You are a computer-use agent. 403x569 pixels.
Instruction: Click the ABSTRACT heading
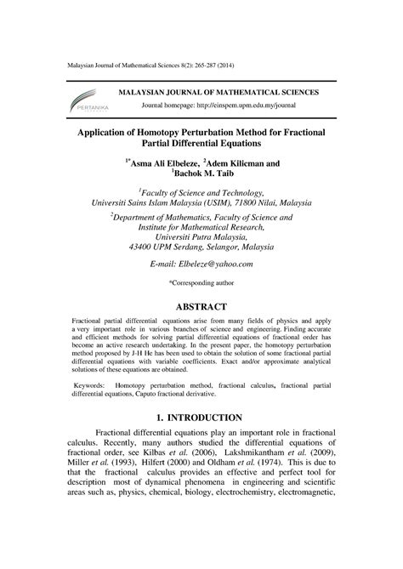click(x=201, y=307)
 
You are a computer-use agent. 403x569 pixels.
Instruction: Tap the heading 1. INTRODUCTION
click(x=201, y=418)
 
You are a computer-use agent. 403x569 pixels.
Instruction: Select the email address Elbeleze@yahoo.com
click(x=201, y=242)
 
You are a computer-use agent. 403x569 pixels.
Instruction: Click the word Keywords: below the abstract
click(x=89, y=385)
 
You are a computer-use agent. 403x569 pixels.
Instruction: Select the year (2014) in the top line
click(x=246, y=66)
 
